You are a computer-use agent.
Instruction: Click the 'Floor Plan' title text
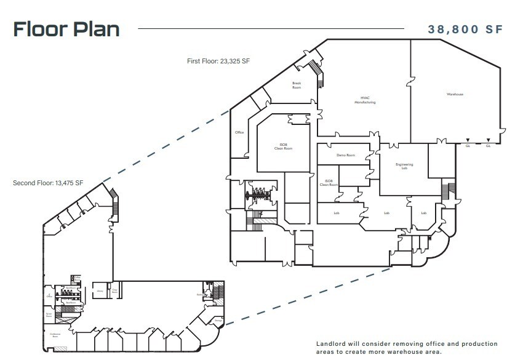coord(66,29)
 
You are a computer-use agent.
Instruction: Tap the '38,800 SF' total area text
coord(466,30)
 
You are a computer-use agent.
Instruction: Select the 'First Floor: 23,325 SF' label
coord(218,61)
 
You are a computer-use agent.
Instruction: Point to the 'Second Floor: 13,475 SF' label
coord(48,183)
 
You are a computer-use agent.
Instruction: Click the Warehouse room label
coord(455,94)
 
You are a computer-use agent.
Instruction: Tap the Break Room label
coord(297,86)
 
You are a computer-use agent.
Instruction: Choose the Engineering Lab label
coord(404,166)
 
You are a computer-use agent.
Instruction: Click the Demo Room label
coord(346,155)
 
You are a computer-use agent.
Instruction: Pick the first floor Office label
coord(240,132)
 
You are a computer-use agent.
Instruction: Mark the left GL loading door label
coord(468,146)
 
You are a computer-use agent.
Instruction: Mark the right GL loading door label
coord(488,146)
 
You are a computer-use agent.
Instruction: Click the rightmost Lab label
coord(423,213)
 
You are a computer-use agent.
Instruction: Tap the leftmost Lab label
coord(337,213)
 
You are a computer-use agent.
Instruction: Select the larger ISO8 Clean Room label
coord(283,146)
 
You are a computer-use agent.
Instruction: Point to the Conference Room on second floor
coord(55,336)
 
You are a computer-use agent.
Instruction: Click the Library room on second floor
coord(99,291)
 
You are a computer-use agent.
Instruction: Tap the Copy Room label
coord(114,291)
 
